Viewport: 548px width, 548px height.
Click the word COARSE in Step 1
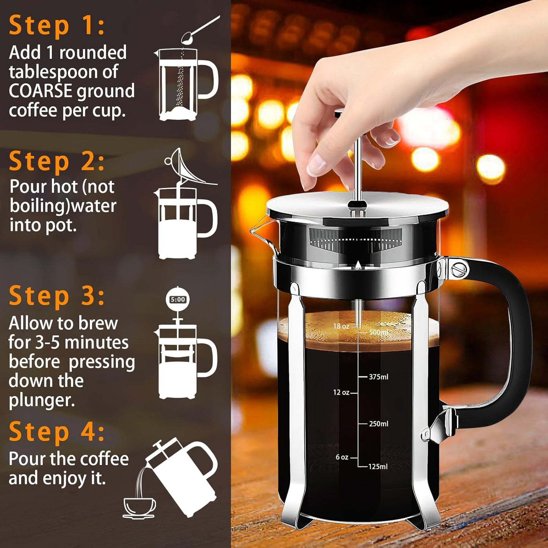click(41, 91)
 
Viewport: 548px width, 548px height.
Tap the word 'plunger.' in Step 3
click(42, 400)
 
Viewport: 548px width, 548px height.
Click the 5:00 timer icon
click(177, 300)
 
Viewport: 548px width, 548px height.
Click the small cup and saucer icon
click(139, 507)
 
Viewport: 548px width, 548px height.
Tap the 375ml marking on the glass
click(378, 377)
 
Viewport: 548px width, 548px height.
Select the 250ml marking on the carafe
click(378, 424)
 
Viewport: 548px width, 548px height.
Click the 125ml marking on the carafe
click(378, 466)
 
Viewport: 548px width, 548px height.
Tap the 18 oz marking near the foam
click(341, 326)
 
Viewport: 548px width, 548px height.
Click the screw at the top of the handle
click(460, 269)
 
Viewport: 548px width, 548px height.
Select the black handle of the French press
click(520, 341)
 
